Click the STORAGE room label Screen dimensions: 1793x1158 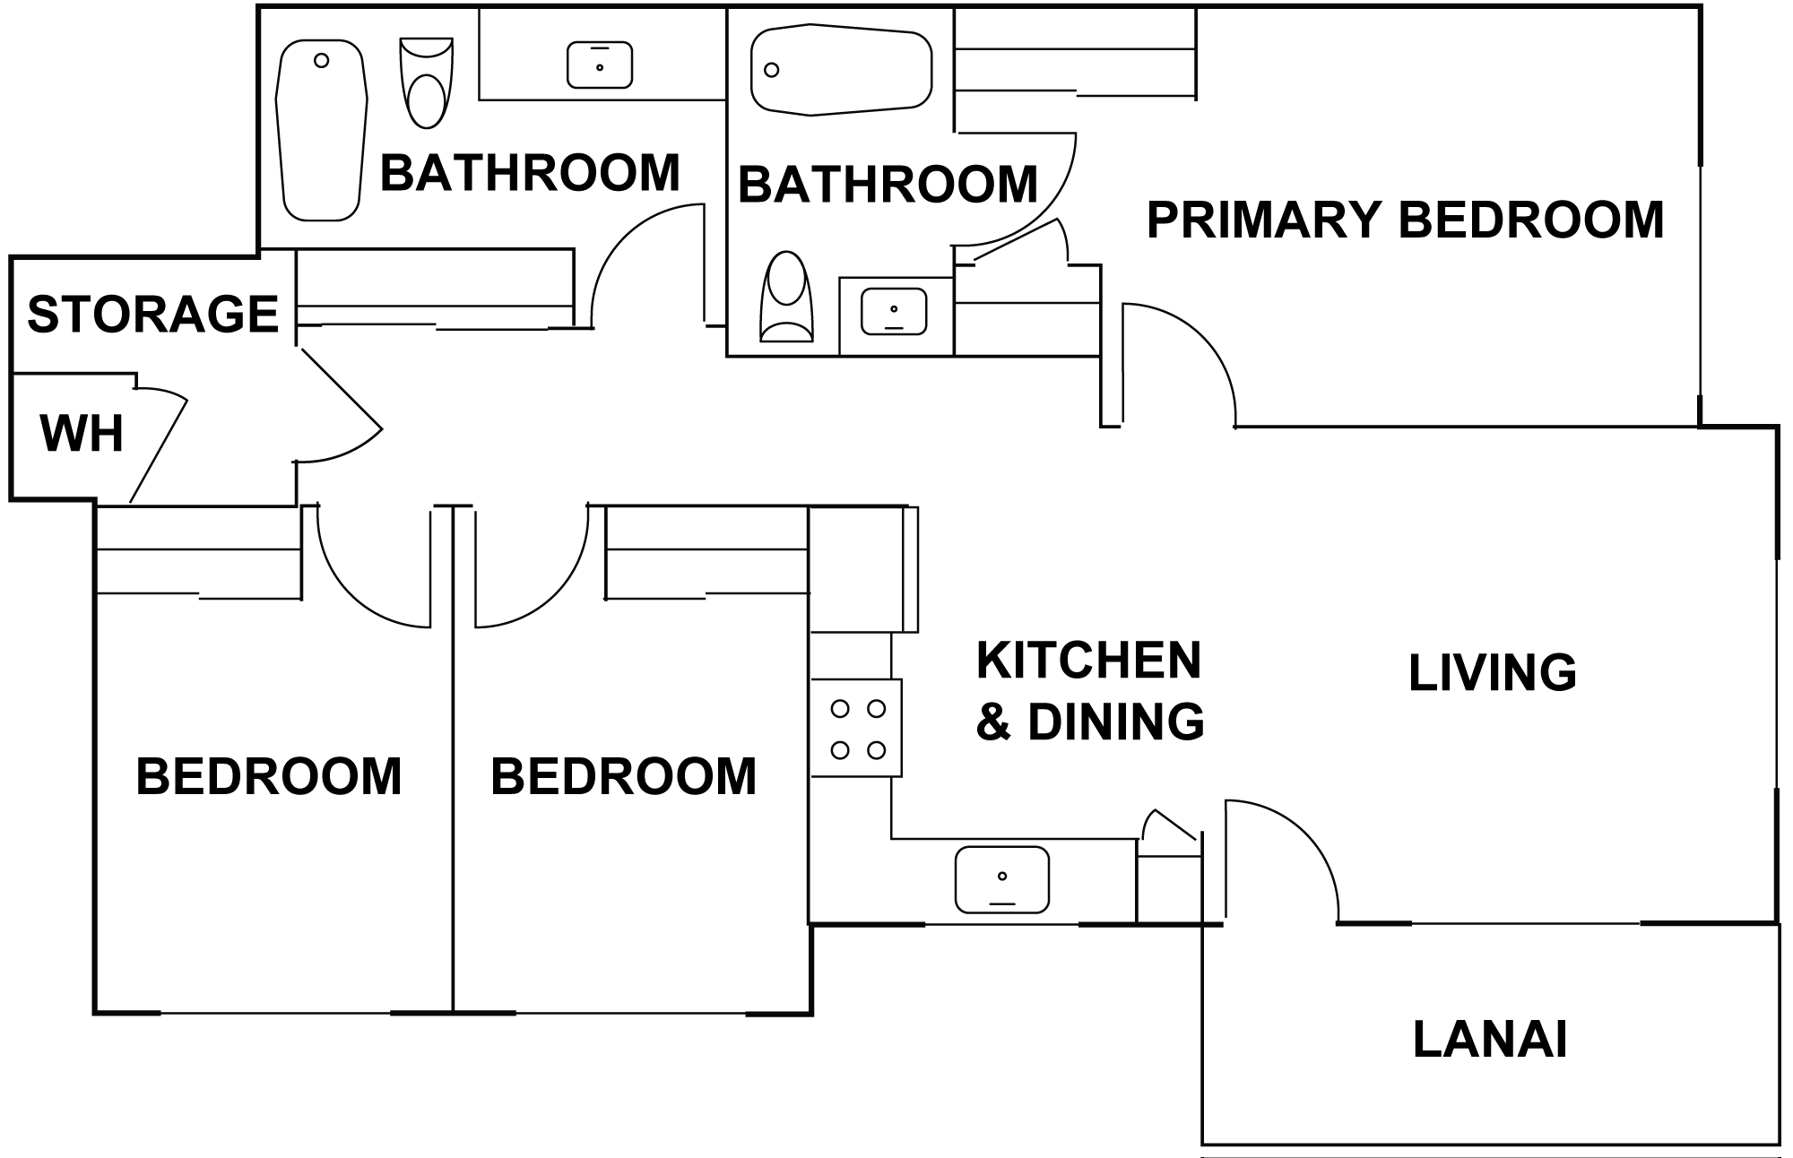pyautogui.click(x=153, y=314)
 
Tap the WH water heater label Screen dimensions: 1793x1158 pyautogui.click(x=82, y=434)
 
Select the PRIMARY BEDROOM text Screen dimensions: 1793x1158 pyautogui.click(x=1405, y=220)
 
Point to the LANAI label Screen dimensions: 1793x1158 pyautogui.click(x=1490, y=1040)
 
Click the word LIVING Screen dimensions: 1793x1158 pyautogui.click(x=1493, y=673)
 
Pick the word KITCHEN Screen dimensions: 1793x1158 pyautogui.click(x=1088, y=661)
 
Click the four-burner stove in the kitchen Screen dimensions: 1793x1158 pyautogui.click(x=857, y=727)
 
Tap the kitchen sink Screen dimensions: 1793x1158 pyautogui.click(x=1001, y=879)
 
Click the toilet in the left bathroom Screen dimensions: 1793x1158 pyautogui.click(x=426, y=82)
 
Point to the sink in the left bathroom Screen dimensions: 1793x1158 pyautogui.click(x=600, y=65)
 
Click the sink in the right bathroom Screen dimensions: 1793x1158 pyautogui.click(x=894, y=311)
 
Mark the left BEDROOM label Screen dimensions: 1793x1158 pyautogui.click(x=269, y=776)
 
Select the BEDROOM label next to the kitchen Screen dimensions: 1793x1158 pyautogui.click(x=624, y=776)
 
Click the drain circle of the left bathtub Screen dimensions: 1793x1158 pyautogui.click(x=322, y=61)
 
